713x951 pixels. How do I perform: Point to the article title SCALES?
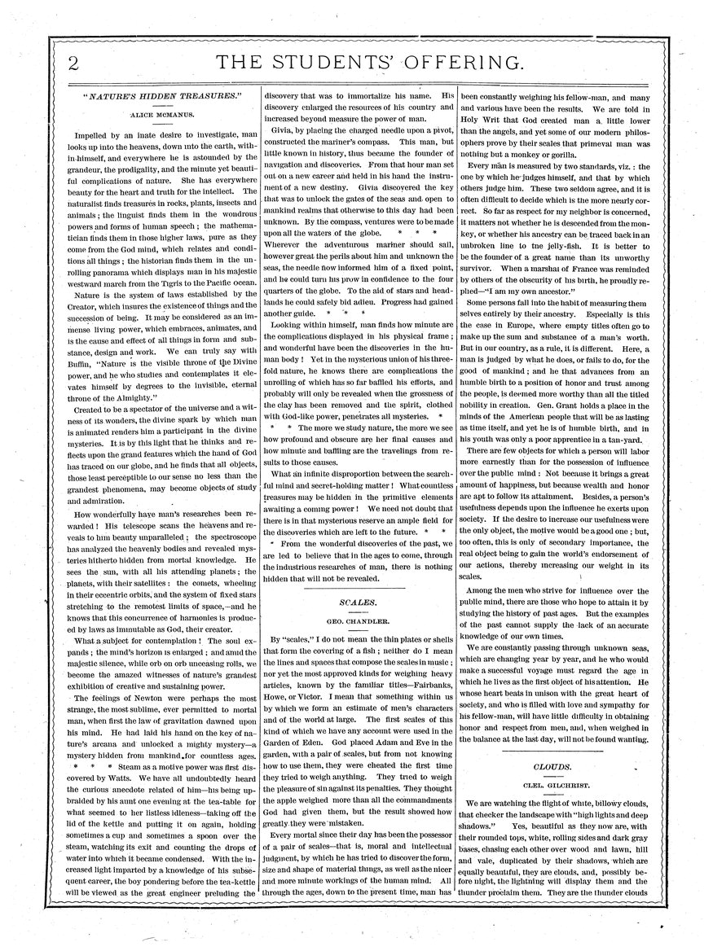click(x=353, y=603)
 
